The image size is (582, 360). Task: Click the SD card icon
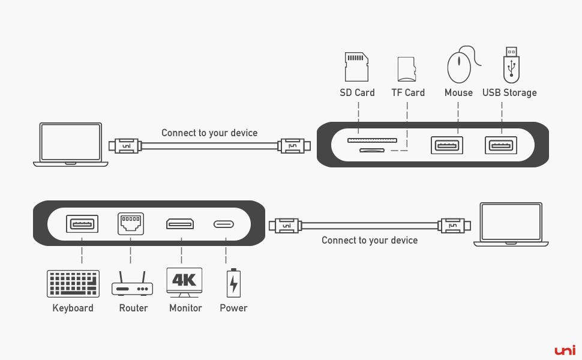(x=356, y=67)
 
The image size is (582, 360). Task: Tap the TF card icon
(x=406, y=69)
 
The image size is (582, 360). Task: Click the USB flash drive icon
(x=511, y=65)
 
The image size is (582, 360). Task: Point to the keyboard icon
(x=73, y=284)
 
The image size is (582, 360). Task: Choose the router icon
(x=132, y=284)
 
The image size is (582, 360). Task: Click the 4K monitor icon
(x=184, y=283)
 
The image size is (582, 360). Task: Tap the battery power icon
(x=233, y=283)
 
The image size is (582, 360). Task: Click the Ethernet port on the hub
(x=131, y=224)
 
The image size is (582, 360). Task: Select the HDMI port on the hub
(x=180, y=224)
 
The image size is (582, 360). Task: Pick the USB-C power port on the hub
(x=224, y=224)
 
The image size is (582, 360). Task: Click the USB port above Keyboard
(x=82, y=224)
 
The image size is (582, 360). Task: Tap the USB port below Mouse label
(x=447, y=145)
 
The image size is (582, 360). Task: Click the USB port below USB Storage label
(x=501, y=145)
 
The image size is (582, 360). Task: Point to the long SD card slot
(x=372, y=140)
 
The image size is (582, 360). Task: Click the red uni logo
(x=565, y=350)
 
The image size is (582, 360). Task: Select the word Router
(x=133, y=308)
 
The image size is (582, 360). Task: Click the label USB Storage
(x=509, y=93)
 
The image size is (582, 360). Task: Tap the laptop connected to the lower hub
(x=511, y=224)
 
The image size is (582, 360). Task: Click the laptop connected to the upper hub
(x=71, y=145)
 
